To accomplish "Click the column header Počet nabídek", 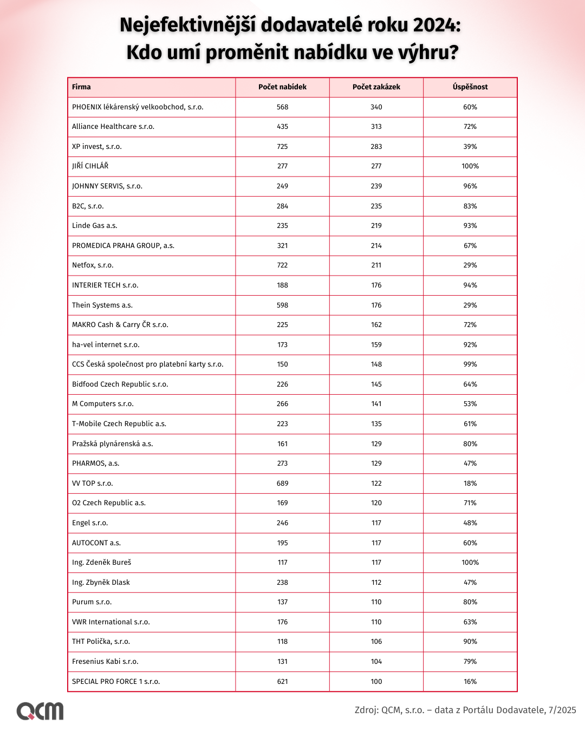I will [x=282, y=87].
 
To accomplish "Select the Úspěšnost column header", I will [x=470, y=87].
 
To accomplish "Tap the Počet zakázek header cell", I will [x=376, y=87].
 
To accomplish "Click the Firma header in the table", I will [x=81, y=87].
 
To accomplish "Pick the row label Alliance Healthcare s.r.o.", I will [x=113, y=127].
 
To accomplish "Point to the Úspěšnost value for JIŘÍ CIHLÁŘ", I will [x=470, y=166].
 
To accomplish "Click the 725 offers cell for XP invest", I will [x=282, y=147].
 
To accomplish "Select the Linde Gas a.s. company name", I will [x=95, y=226].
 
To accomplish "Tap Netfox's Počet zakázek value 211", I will [x=376, y=265].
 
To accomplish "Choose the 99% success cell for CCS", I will [x=470, y=364].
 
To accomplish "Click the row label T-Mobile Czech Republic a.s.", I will [x=119, y=424].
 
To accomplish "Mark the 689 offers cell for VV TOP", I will [x=282, y=484].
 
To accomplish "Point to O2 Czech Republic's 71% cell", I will [x=470, y=503].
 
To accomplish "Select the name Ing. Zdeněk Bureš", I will [x=102, y=563].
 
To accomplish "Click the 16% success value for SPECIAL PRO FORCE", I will [x=470, y=682].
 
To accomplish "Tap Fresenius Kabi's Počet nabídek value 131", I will [x=282, y=662].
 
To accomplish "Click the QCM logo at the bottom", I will [x=40, y=710].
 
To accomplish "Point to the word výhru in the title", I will [x=427, y=53].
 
